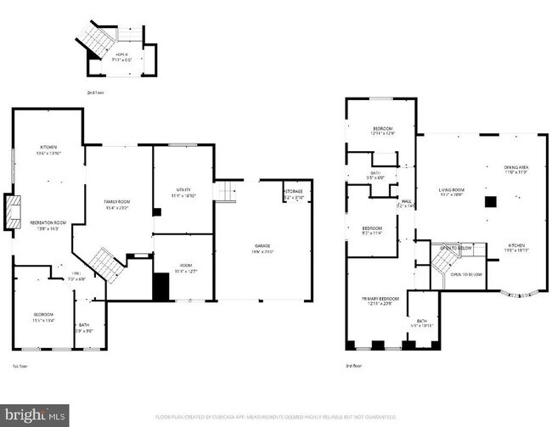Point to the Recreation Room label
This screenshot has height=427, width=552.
tap(49, 225)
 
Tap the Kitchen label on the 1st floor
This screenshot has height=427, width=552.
tap(47, 149)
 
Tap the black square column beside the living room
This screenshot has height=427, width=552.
tap(491, 202)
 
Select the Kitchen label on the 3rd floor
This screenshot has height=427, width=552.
tap(516, 246)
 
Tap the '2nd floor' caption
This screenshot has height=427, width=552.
tap(96, 91)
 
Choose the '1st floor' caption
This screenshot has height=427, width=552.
tap(21, 366)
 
